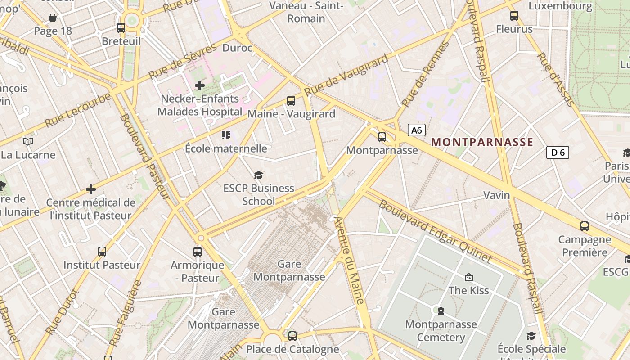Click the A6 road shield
pyautogui.click(x=417, y=130)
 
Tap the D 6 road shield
pyautogui.click(x=558, y=153)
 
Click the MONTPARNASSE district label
pyautogui.click(x=482, y=143)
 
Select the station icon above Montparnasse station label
pyautogui.click(x=382, y=137)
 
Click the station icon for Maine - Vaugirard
pyautogui.click(x=291, y=101)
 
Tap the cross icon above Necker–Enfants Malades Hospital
pyautogui.click(x=200, y=85)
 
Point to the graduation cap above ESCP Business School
pyautogui.click(x=258, y=175)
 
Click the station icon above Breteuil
pyautogui.click(x=121, y=28)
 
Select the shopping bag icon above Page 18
pyautogui.click(x=53, y=18)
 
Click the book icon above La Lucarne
pyautogui.click(x=28, y=142)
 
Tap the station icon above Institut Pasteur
pyautogui.click(x=102, y=252)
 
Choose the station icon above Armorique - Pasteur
pyautogui.click(x=198, y=252)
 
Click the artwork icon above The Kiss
pyautogui.click(x=469, y=277)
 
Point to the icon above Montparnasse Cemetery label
pyautogui.click(x=441, y=310)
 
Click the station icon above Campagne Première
pyautogui.click(x=585, y=226)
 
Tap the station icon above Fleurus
pyautogui.click(x=514, y=16)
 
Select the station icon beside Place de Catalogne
pyautogui.click(x=292, y=336)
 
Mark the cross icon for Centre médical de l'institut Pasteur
pyautogui.click(x=91, y=189)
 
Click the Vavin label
pyautogui.click(x=497, y=195)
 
